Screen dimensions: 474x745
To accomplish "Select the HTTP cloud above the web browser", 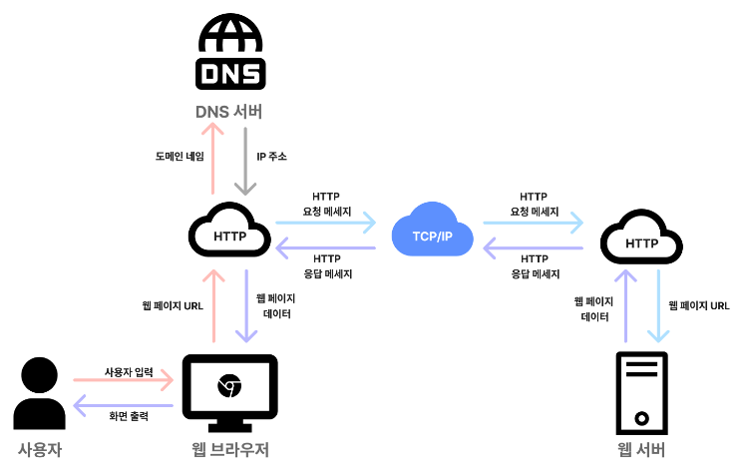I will click(x=230, y=234).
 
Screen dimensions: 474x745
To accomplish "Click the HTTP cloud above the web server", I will click(x=641, y=239).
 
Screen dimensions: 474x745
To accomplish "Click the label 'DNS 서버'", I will click(x=230, y=112).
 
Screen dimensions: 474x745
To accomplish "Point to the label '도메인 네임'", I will click(x=180, y=157).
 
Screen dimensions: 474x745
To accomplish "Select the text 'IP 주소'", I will click(x=271, y=157).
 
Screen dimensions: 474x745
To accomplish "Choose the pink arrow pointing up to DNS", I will click(x=212, y=160).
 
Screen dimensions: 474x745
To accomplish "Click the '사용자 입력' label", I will click(x=129, y=371).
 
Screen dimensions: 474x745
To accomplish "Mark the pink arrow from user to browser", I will click(x=125, y=381).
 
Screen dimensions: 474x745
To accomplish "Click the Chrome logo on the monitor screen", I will click(x=229, y=384).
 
